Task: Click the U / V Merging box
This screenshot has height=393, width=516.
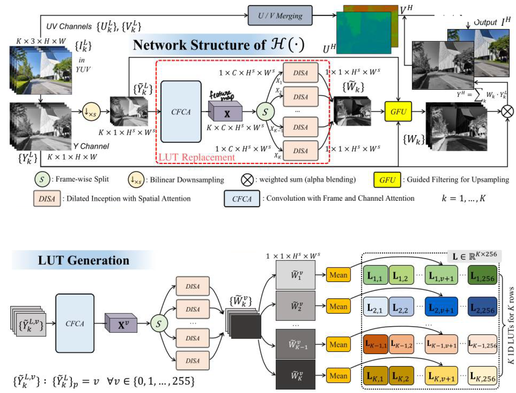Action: click(x=280, y=16)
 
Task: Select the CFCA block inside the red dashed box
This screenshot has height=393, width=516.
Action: click(x=181, y=111)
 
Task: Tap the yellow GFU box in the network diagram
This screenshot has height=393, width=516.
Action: click(x=398, y=111)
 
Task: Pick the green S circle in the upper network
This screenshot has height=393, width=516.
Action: click(x=265, y=112)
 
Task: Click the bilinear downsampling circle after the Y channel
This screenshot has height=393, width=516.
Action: click(x=91, y=112)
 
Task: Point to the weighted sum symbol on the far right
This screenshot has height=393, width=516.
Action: click(x=507, y=111)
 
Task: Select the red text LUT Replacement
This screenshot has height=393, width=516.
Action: click(x=196, y=157)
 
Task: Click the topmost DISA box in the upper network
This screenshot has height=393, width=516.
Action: click(x=300, y=73)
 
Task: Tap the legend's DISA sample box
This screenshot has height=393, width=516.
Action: click(x=47, y=199)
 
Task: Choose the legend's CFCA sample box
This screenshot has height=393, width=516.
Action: click(x=242, y=199)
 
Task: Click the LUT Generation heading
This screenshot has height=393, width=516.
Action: click(x=83, y=260)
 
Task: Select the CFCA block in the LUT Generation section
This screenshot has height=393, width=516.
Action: click(x=75, y=323)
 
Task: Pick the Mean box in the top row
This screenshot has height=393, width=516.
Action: click(x=338, y=275)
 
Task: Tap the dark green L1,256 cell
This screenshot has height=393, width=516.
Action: click(x=482, y=276)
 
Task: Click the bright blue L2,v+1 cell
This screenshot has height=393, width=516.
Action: click(x=441, y=307)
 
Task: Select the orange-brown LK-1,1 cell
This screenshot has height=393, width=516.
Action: click(x=375, y=344)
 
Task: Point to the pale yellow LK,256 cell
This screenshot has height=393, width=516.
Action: click(x=482, y=376)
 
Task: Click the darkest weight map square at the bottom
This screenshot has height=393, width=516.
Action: click(x=296, y=375)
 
